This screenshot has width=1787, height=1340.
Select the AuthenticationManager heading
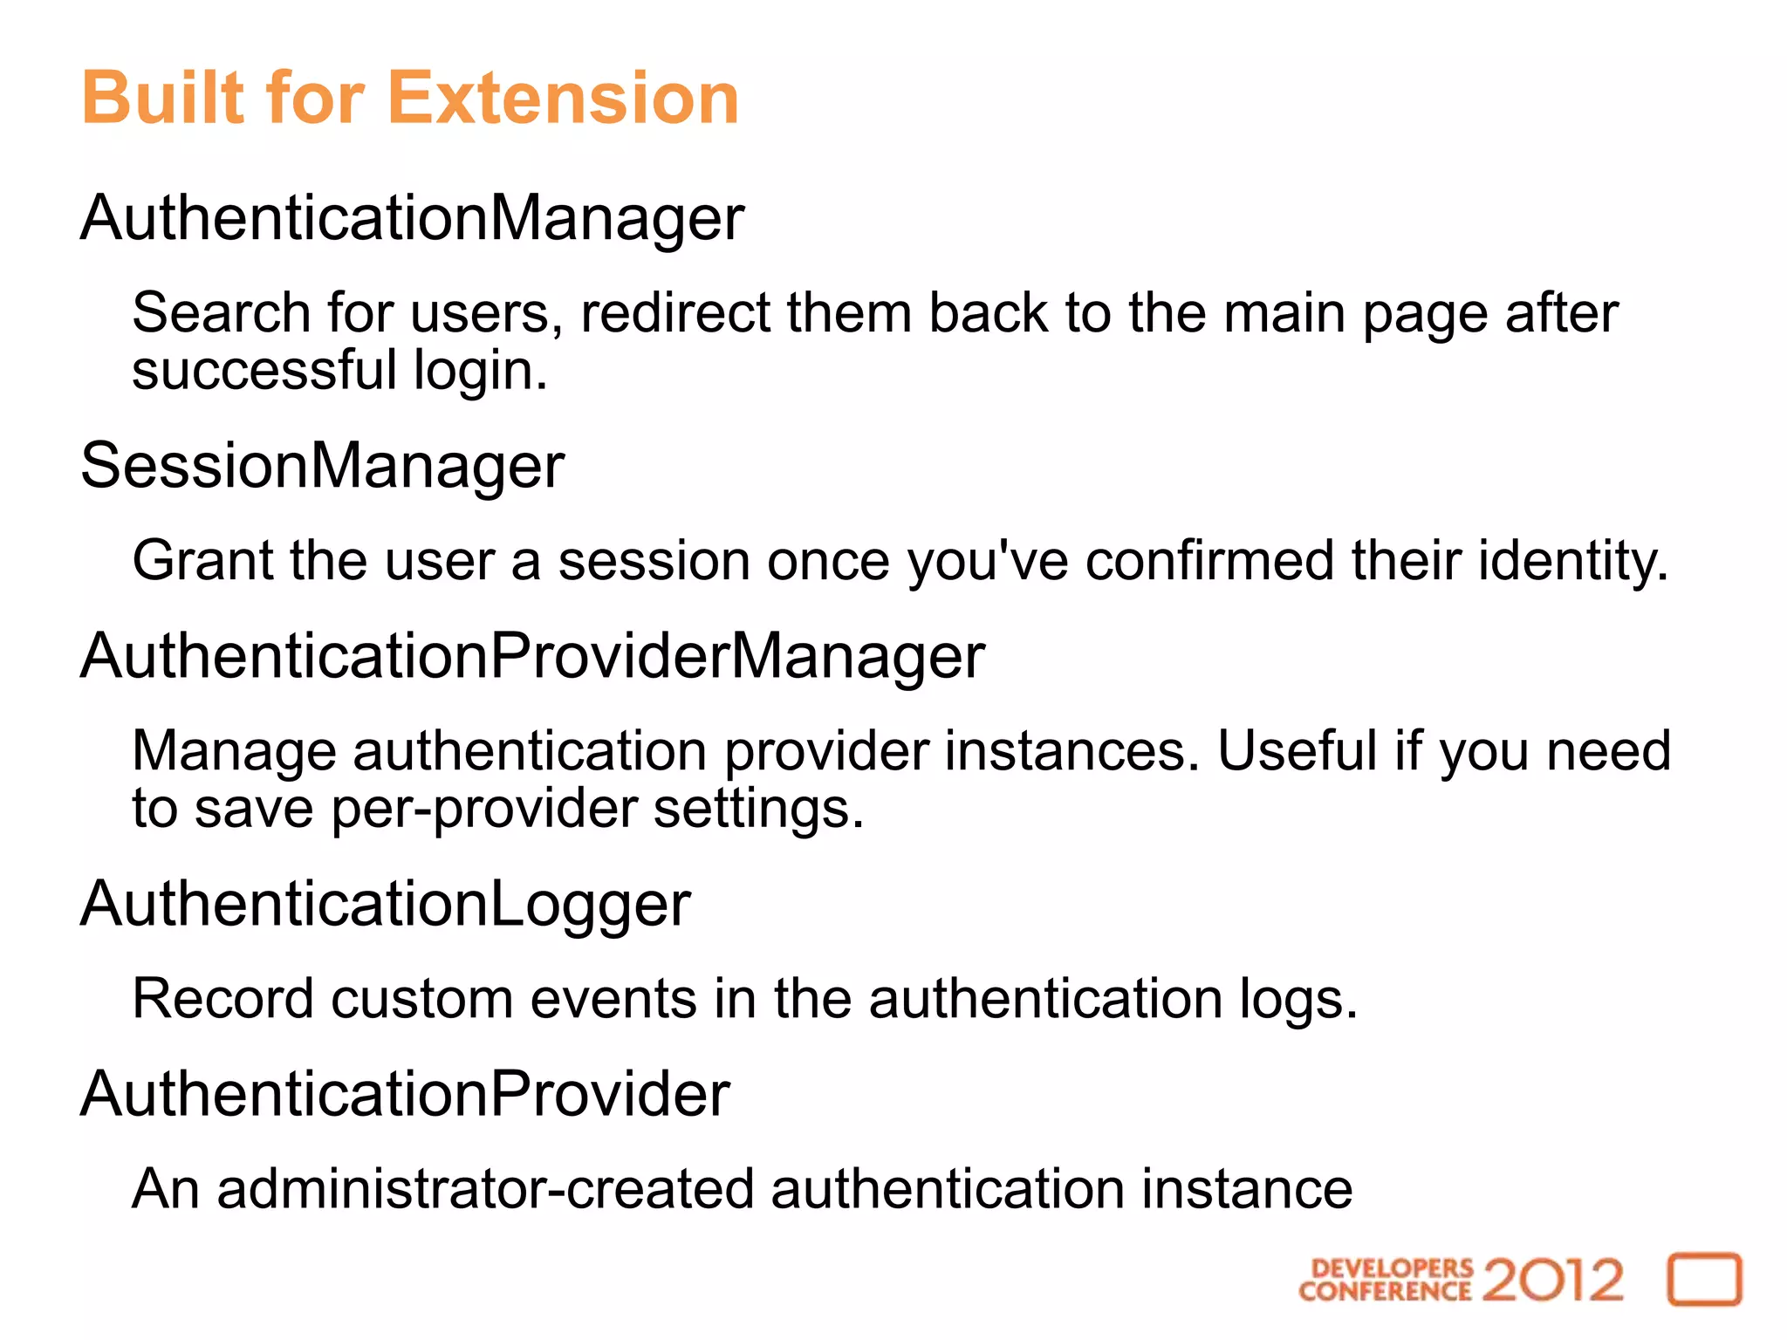(412, 218)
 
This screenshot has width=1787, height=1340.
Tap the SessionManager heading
(322, 466)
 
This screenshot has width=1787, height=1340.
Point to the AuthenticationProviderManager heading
(532, 656)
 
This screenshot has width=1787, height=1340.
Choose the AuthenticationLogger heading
(385, 904)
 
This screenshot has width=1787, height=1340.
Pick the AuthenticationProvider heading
(405, 1094)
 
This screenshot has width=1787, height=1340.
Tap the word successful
(264, 371)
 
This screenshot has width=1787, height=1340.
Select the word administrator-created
(485, 1189)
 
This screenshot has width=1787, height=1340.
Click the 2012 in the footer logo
(1552, 1280)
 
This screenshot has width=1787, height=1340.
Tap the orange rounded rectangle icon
(1704, 1280)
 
